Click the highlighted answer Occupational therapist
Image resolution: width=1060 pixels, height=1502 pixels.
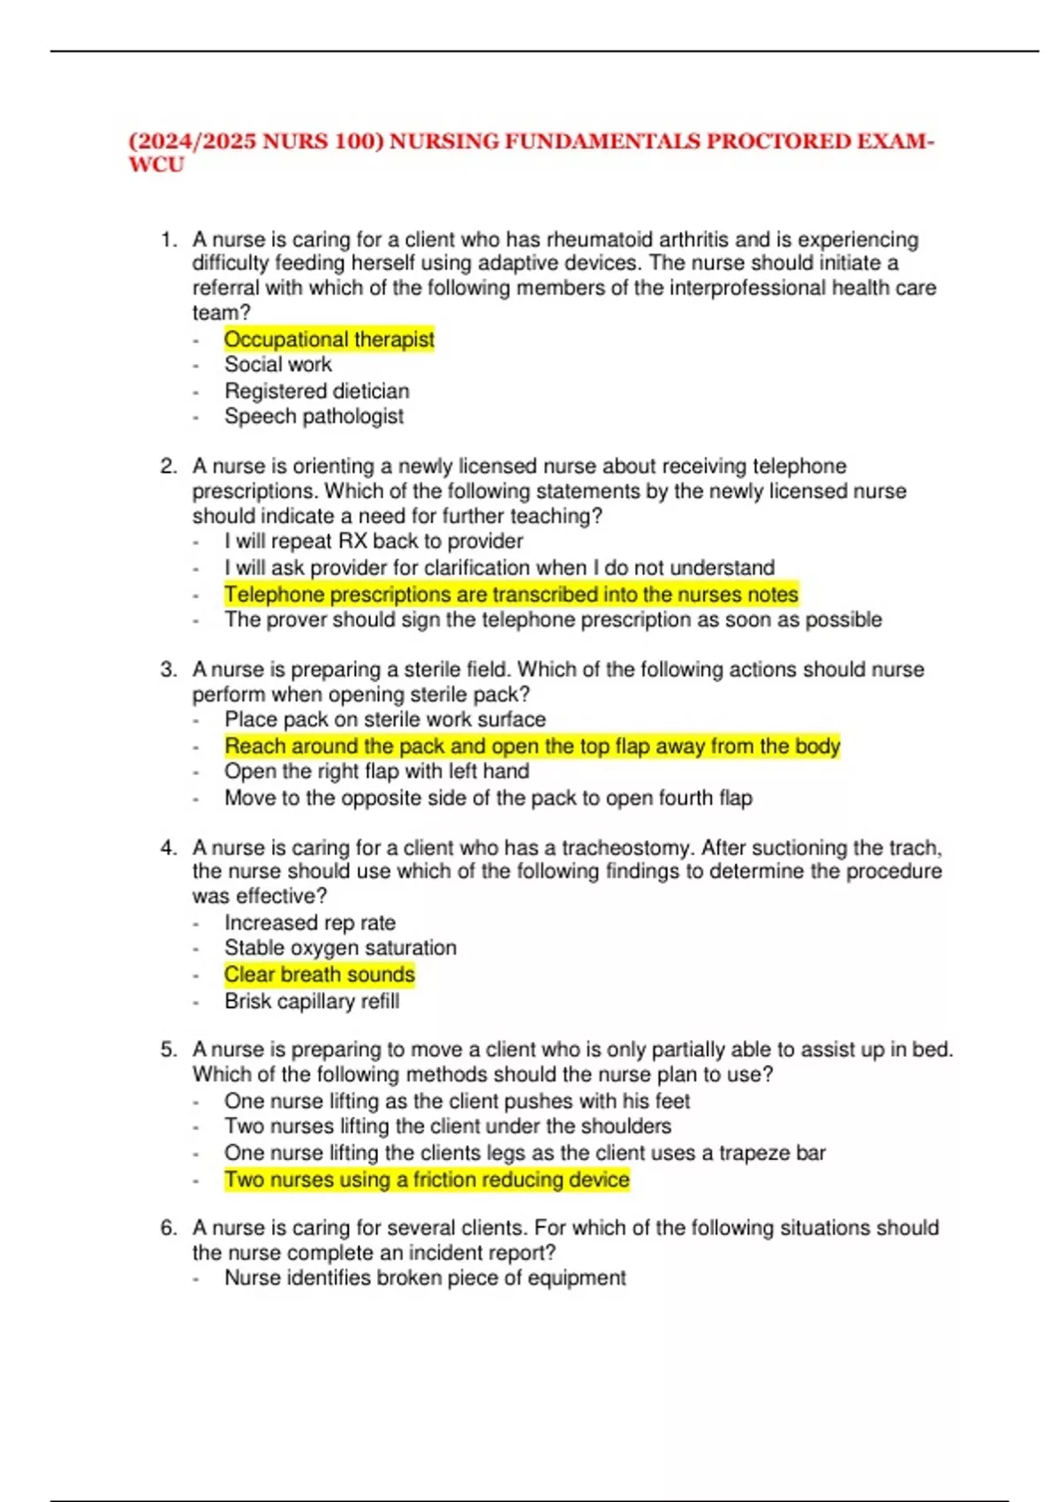tap(329, 339)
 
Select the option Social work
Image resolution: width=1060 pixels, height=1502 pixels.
tap(277, 365)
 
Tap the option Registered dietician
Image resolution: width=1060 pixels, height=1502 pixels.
tap(316, 391)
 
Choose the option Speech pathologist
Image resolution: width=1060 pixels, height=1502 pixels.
tap(314, 416)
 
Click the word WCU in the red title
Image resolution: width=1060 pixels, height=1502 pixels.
tap(156, 165)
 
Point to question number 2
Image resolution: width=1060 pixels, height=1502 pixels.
tap(169, 467)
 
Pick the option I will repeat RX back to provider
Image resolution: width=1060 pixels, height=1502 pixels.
tap(373, 542)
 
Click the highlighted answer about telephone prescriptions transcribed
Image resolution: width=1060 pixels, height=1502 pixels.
tap(511, 595)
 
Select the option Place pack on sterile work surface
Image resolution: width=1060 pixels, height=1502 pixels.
tap(384, 720)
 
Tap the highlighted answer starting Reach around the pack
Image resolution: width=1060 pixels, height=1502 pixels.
tap(532, 747)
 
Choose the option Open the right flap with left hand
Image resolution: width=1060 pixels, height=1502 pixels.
tap(376, 771)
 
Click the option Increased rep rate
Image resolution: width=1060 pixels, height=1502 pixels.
tap(309, 923)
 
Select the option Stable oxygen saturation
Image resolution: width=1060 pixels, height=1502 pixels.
tap(340, 948)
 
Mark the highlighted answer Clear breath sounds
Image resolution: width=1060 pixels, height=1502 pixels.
tap(319, 975)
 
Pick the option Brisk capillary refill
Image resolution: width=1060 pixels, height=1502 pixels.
tap(311, 1001)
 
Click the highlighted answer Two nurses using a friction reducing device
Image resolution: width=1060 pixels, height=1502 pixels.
tap(427, 1180)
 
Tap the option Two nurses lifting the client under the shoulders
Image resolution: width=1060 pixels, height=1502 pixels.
tap(447, 1126)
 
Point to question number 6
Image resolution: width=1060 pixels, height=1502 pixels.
tap(169, 1228)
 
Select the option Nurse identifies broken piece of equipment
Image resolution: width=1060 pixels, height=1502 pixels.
tap(425, 1278)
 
